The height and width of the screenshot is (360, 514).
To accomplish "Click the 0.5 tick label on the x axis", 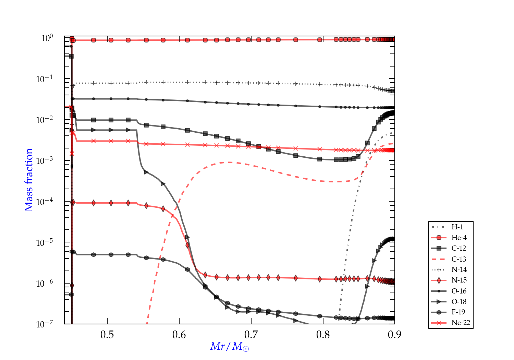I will point(107,335).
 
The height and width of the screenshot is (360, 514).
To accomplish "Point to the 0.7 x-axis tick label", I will point(251,335).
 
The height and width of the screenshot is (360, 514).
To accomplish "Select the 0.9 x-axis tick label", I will point(394,335).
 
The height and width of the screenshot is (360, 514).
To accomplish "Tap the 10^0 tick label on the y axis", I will point(47,38).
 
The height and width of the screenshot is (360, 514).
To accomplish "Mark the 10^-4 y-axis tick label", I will point(45,202).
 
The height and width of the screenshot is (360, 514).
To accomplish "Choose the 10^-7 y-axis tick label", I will point(45,324).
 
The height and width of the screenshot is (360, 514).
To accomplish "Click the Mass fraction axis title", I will point(29,180).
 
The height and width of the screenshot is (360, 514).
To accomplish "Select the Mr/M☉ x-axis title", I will point(230,347).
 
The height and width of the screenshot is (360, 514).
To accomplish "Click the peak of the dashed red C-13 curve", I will point(230,162).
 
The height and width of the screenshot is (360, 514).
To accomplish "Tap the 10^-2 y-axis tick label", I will point(45,120).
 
